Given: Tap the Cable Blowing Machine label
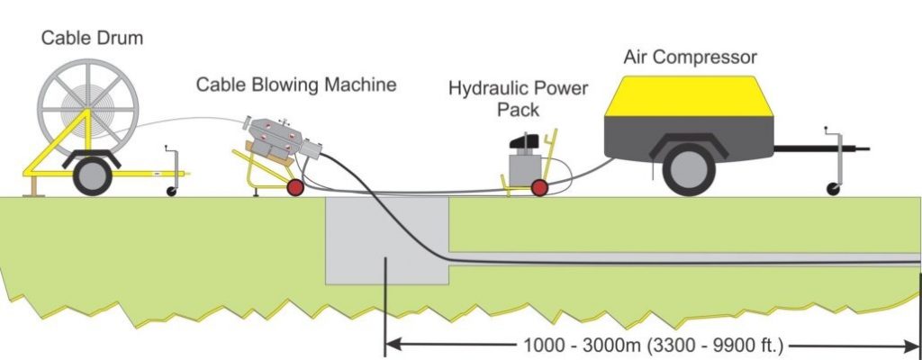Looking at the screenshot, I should [296, 85].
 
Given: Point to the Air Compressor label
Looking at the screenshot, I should [691, 58].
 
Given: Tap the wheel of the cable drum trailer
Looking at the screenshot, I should [93, 175].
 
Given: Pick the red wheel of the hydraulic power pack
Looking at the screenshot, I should [539, 187].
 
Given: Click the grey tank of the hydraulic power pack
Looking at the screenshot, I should [520, 169].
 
